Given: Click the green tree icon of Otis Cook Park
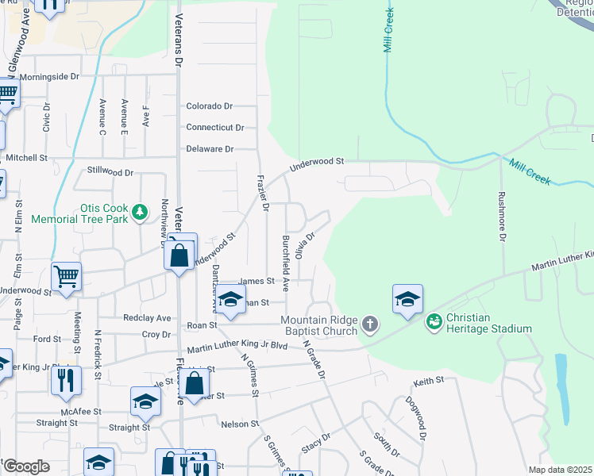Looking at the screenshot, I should [x=141, y=211].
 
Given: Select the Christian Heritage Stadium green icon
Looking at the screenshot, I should [x=434, y=321].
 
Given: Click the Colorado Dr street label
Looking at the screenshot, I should [x=209, y=106].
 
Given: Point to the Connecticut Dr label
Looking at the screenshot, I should [x=214, y=127].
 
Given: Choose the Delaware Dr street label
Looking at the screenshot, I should [x=210, y=148].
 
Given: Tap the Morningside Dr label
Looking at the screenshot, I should [x=49, y=77].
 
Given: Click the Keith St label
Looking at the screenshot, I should [x=428, y=382].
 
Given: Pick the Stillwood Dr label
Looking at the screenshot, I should [x=110, y=171].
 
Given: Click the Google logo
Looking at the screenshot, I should [x=26, y=466].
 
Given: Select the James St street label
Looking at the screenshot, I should [x=256, y=281].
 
